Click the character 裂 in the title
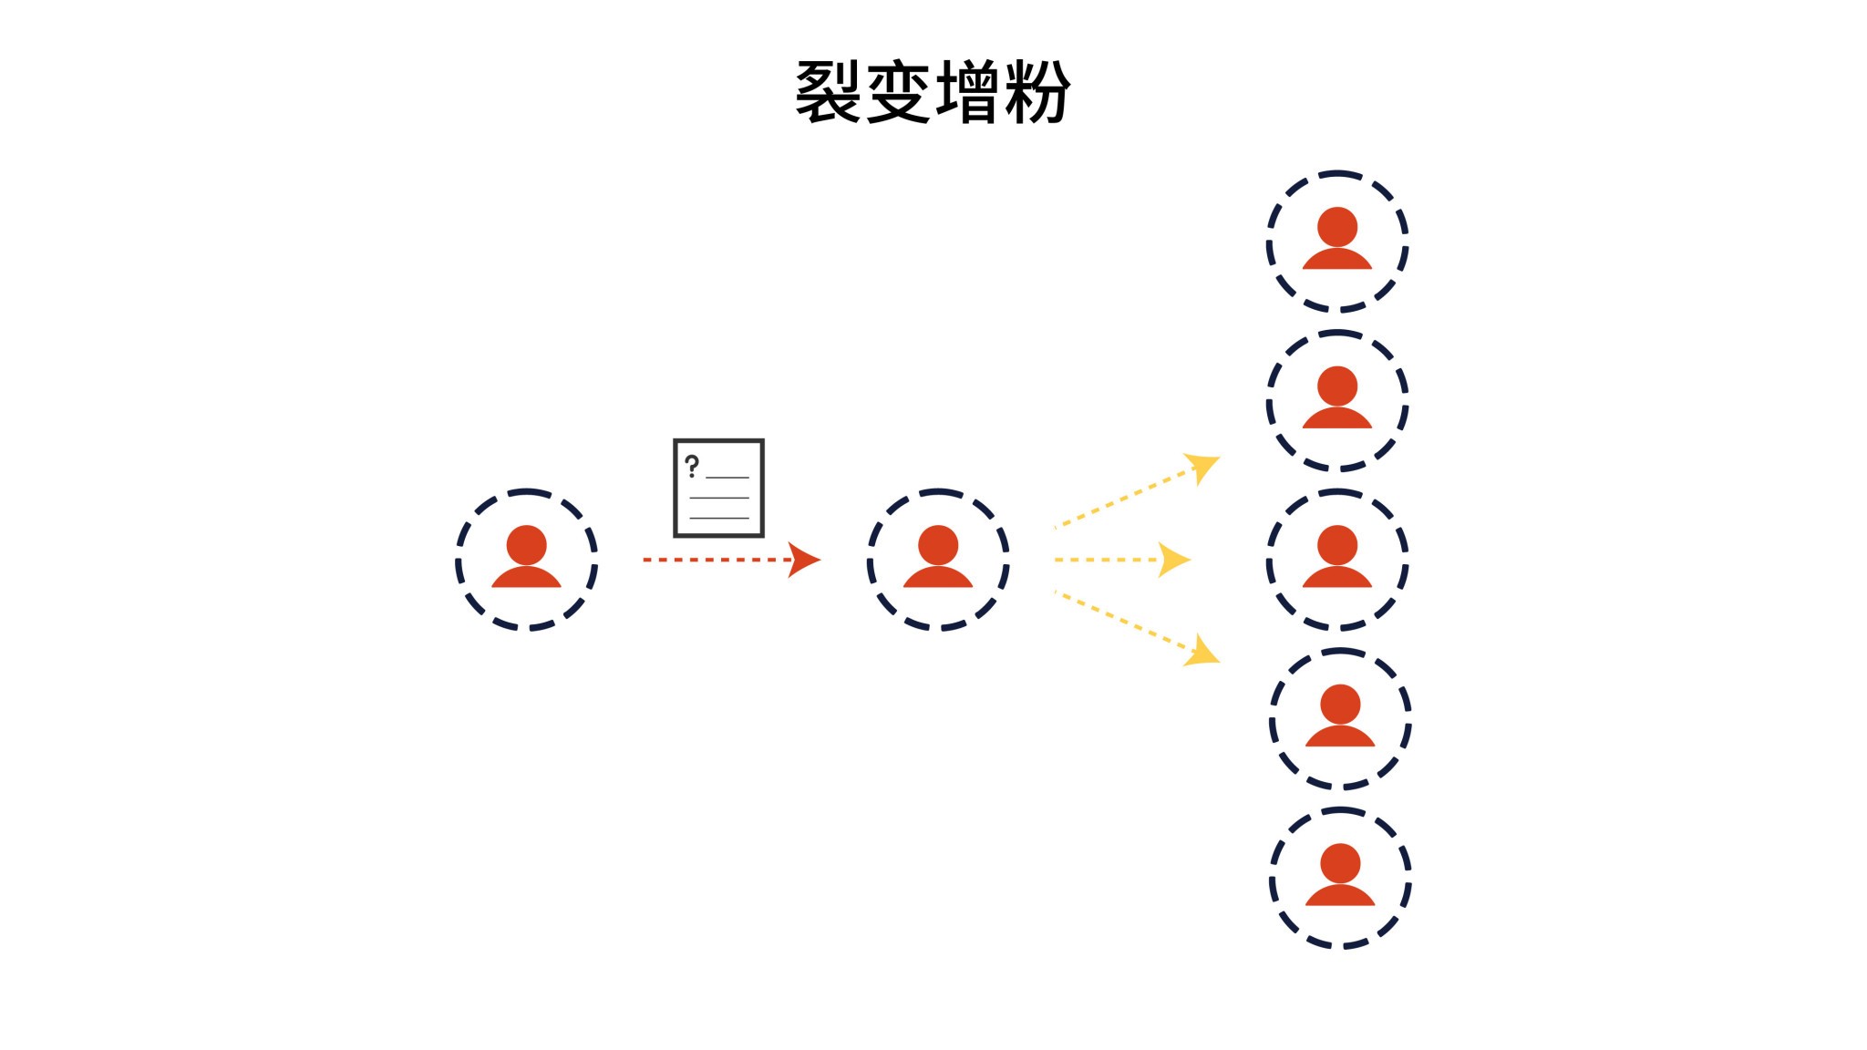pos(828,92)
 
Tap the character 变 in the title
pos(898,92)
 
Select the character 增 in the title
pos(968,92)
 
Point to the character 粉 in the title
pos(1038,92)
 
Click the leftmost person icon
pos(526,559)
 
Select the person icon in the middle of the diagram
pos(938,559)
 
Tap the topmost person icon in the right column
pos(1337,241)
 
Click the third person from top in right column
pos(1337,559)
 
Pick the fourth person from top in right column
pos(1340,718)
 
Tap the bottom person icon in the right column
pos(1340,877)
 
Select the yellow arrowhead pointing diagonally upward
pos(1203,467)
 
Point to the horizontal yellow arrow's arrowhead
pos(1173,560)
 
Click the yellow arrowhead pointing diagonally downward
pos(1203,652)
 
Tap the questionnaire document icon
pos(718,488)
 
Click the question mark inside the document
pos(692,467)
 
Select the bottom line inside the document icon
pos(719,518)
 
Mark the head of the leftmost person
pos(526,545)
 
